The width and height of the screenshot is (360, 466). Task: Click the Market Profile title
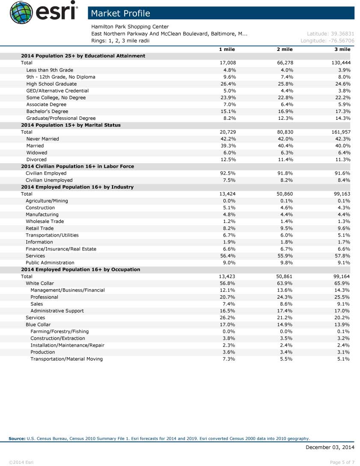coord(120,13)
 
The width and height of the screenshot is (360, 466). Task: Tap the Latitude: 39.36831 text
coord(330,34)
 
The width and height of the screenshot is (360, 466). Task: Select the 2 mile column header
coord(285,49)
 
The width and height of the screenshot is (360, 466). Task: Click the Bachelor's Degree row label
coord(47,111)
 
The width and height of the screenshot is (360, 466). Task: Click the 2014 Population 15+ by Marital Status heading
coord(71,125)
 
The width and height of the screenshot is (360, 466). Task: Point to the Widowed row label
coord(37,152)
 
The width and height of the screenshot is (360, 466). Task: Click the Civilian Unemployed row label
coord(49,180)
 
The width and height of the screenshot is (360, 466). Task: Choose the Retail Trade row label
coord(39,228)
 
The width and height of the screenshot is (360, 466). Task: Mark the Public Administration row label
coord(50,262)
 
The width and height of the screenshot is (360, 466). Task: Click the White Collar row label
coord(40,283)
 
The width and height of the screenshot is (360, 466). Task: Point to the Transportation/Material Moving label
coord(66,359)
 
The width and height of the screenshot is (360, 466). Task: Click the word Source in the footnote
coord(17,438)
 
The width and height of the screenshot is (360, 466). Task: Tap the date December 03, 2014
coord(330,447)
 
